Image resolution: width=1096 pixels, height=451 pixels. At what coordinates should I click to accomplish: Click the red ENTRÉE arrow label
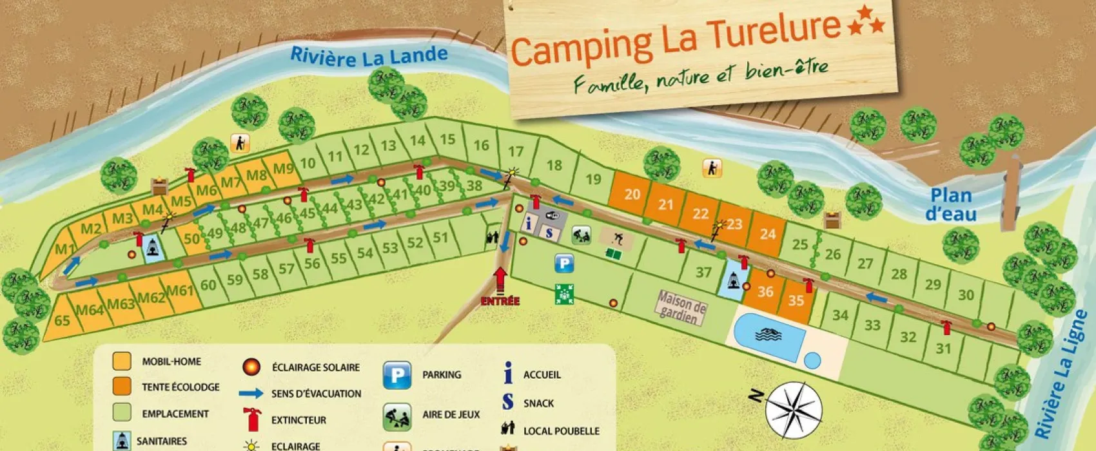click(500, 300)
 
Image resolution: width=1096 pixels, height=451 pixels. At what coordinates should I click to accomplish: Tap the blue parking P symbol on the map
click(564, 263)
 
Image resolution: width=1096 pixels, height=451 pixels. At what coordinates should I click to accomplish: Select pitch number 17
click(516, 151)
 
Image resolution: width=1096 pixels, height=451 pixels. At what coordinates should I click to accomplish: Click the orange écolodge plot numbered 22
click(700, 214)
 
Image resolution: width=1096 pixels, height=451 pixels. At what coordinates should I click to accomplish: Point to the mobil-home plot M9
click(283, 169)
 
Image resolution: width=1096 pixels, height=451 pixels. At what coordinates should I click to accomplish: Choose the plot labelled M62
click(152, 298)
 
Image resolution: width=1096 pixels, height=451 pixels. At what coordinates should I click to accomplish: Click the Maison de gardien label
click(681, 307)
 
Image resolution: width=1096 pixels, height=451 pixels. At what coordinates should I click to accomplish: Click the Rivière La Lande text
click(369, 57)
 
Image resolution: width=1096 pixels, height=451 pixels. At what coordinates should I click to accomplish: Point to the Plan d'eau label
click(951, 204)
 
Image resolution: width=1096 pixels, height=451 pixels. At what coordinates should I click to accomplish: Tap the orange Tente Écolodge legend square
click(122, 387)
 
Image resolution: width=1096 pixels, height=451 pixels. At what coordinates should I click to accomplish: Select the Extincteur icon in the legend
click(251, 419)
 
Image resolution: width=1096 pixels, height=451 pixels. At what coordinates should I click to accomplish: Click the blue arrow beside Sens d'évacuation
click(251, 393)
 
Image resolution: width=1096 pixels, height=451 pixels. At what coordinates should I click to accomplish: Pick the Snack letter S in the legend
click(508, 402)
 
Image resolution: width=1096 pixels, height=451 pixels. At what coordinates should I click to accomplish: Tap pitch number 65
click(62, 320)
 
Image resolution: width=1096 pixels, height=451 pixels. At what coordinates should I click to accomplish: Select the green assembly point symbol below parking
click(564, 294)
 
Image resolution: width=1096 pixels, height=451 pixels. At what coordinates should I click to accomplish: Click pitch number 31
click(943, 349)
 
